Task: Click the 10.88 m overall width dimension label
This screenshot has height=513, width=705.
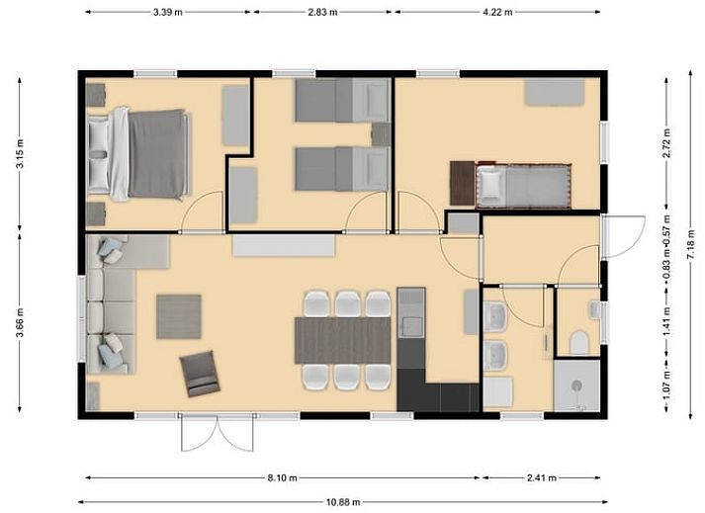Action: [x=343, y=502]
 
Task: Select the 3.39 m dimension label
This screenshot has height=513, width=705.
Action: [x=168, y=12]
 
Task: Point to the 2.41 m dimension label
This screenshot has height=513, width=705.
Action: [x=541, y=477]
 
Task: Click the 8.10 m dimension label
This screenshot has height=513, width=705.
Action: [x=283, y=477]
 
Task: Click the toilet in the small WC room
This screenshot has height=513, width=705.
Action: [x=579, y=344]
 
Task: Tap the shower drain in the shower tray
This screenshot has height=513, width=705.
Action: [x=576, y=385]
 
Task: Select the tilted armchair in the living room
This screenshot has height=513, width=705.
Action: [x=200, y=374]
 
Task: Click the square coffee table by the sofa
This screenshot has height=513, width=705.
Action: [x=179, y=316]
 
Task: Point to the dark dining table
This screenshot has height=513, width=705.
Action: [x=342, y=340]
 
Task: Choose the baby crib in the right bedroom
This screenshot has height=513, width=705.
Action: [x=524, y=185]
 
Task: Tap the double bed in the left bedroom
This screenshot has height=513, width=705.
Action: [x=139, y=154]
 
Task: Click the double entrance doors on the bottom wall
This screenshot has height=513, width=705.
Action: [x=218, y=433]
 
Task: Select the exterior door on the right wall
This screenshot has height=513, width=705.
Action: [x=623, y=237]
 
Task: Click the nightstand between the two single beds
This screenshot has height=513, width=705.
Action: [x=381, y=134]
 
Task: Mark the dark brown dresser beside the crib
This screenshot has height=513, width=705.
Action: [x=463, y=184]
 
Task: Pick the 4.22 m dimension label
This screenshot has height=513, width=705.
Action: [x=497, y=12]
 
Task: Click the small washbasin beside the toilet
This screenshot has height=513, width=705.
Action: [x=595, y=309]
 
